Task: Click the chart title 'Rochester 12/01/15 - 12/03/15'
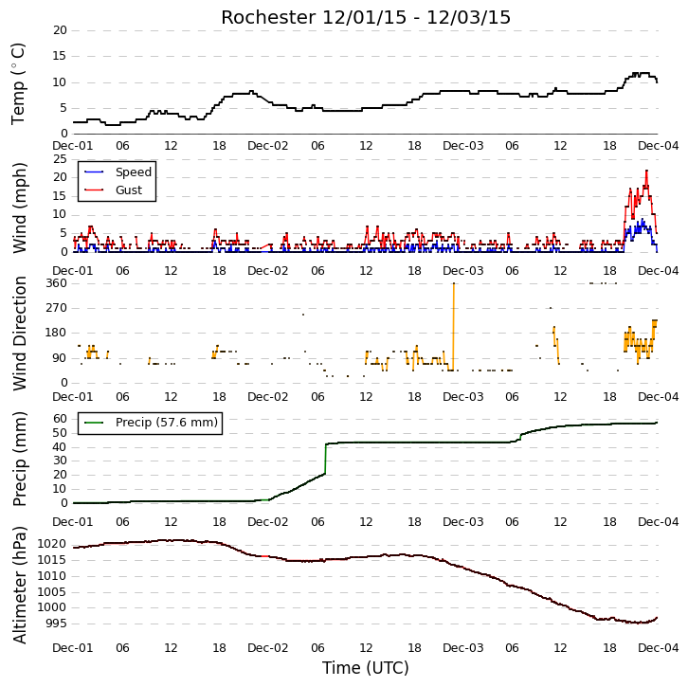point(366,18)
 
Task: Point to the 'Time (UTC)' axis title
point(366,668)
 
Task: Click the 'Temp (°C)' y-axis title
point(18,83)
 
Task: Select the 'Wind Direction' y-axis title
point(19,334)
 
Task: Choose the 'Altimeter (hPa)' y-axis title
point(19,586)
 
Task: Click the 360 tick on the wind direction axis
point(57,283)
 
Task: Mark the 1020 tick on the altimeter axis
point(52,545)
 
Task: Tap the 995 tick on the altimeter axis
point(56,624)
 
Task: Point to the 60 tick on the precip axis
point(60,419)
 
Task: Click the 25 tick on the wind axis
point(60,159)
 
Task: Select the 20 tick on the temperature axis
point(60,30)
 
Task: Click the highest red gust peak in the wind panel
point(646,172)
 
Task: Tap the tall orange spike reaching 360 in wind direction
point(454,327)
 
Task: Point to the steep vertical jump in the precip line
point(325,459)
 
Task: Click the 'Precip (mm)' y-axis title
point(19,459)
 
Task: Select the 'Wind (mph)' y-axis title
point(19,208)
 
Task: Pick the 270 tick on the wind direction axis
point(57,308)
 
